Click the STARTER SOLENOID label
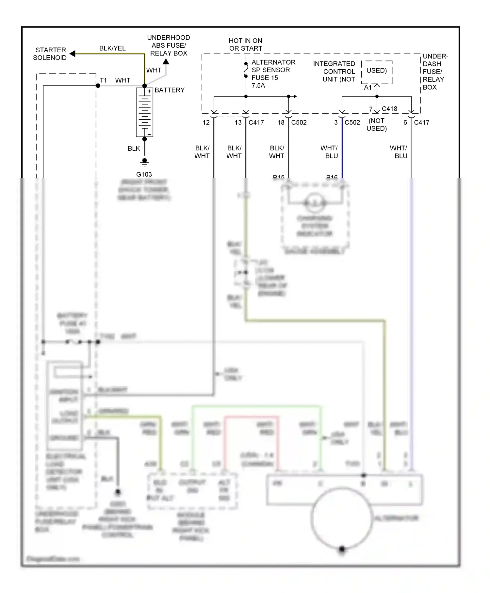50,54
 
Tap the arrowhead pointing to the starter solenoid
73,54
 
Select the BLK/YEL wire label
112,48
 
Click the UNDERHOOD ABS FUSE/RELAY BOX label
169,45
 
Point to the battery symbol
144,112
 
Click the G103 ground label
144,174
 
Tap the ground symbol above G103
144,162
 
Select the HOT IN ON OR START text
246,44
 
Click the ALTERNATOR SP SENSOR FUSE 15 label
273,74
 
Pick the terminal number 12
206,123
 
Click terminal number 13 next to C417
238,123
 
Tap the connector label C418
389,109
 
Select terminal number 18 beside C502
281,123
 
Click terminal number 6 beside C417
405,123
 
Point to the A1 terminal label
368,88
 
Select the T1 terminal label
103,80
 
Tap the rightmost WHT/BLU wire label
399,152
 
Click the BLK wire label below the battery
134,148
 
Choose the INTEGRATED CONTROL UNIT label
334,72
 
